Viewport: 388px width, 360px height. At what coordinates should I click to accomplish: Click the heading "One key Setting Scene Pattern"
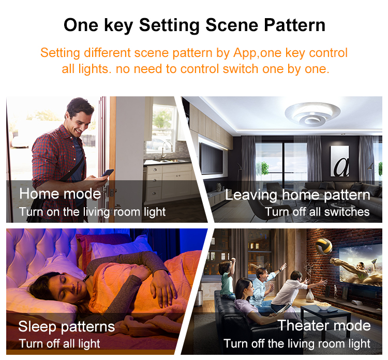point(194,25)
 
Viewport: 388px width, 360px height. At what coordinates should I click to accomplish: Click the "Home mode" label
point(60,194)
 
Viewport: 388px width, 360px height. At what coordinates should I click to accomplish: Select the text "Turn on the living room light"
point(92,211)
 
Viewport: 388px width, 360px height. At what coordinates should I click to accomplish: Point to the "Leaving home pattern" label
point(297,195)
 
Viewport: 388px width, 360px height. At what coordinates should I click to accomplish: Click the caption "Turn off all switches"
point(317,211)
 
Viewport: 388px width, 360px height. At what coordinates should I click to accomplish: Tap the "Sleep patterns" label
point(66,327)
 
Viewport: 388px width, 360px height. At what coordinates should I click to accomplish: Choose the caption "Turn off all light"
point(59,343)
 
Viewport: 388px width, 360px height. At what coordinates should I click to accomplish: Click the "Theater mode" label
point(324,325)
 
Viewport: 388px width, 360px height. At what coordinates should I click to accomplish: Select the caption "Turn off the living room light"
point(297,343)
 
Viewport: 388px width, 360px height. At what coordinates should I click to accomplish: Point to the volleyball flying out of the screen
point(324,243)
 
